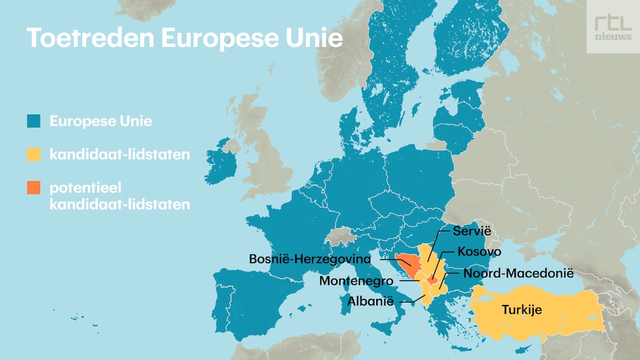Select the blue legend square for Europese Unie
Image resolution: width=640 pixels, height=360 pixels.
tap(34, 121)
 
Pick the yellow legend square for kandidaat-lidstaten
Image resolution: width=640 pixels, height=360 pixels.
tap(34, 154)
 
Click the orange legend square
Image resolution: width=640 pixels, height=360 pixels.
tap(34, 187)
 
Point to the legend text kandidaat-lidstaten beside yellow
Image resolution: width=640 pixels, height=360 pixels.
tap(119, 154)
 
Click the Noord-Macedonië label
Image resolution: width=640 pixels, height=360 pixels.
tap(518, 273)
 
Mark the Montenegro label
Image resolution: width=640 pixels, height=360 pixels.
tap(356, 281)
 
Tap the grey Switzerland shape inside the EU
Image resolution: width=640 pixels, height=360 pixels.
tap(340, 237)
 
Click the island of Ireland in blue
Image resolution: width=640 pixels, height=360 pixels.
tap(220, 164)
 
